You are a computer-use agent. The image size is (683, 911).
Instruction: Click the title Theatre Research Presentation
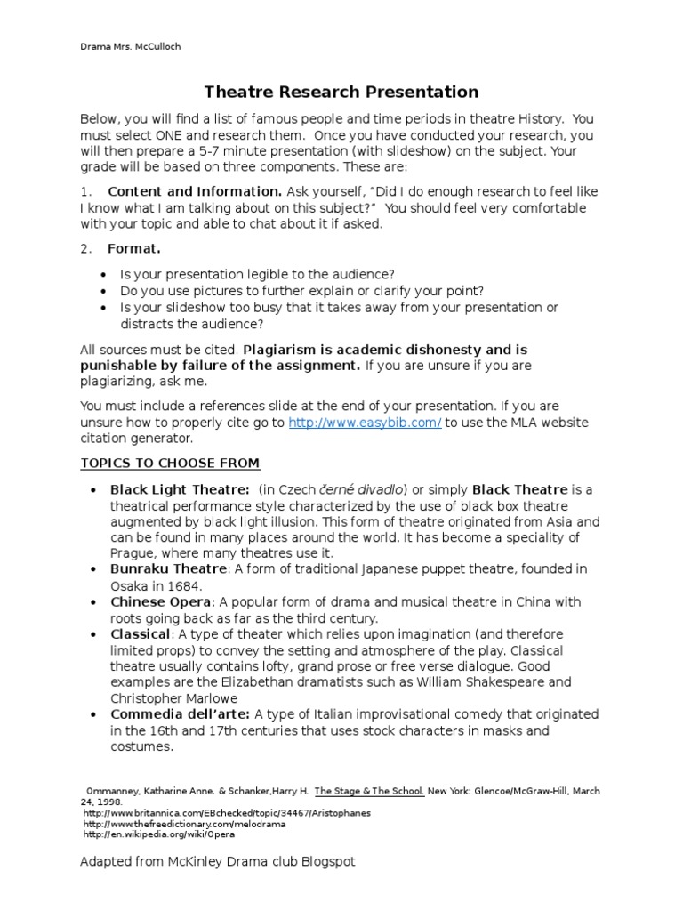tap(341, 92)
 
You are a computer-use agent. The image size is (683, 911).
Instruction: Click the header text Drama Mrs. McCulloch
tap(130, 46)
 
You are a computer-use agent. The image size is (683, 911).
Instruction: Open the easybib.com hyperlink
tap(365, 423)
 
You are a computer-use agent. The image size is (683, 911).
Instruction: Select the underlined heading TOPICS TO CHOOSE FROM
tap(170, 463)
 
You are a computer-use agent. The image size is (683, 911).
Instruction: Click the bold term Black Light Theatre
tap(180, 489)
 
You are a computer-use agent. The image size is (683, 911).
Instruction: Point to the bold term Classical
tap(140, 634)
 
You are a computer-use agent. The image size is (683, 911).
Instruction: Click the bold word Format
tap(134, 248)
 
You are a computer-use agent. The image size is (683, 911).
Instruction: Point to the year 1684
tap(186, 585)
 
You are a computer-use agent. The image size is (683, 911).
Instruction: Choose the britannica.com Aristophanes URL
tap(227, 813)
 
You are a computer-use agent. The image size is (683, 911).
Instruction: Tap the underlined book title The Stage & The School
tap(369, 790)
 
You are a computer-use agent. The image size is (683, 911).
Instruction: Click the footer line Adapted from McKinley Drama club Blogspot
tap(218, 862)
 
